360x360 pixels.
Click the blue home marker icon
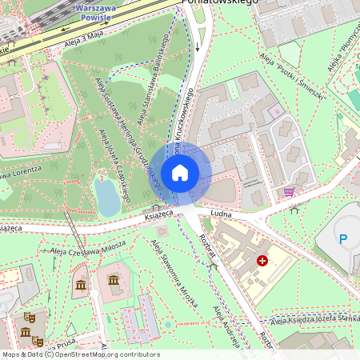pos(180,173)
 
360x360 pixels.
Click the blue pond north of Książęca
pos(107,197)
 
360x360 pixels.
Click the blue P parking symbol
pos(344,238)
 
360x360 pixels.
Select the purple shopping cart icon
pos(288,192)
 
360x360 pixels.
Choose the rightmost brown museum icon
pos(114,281)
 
